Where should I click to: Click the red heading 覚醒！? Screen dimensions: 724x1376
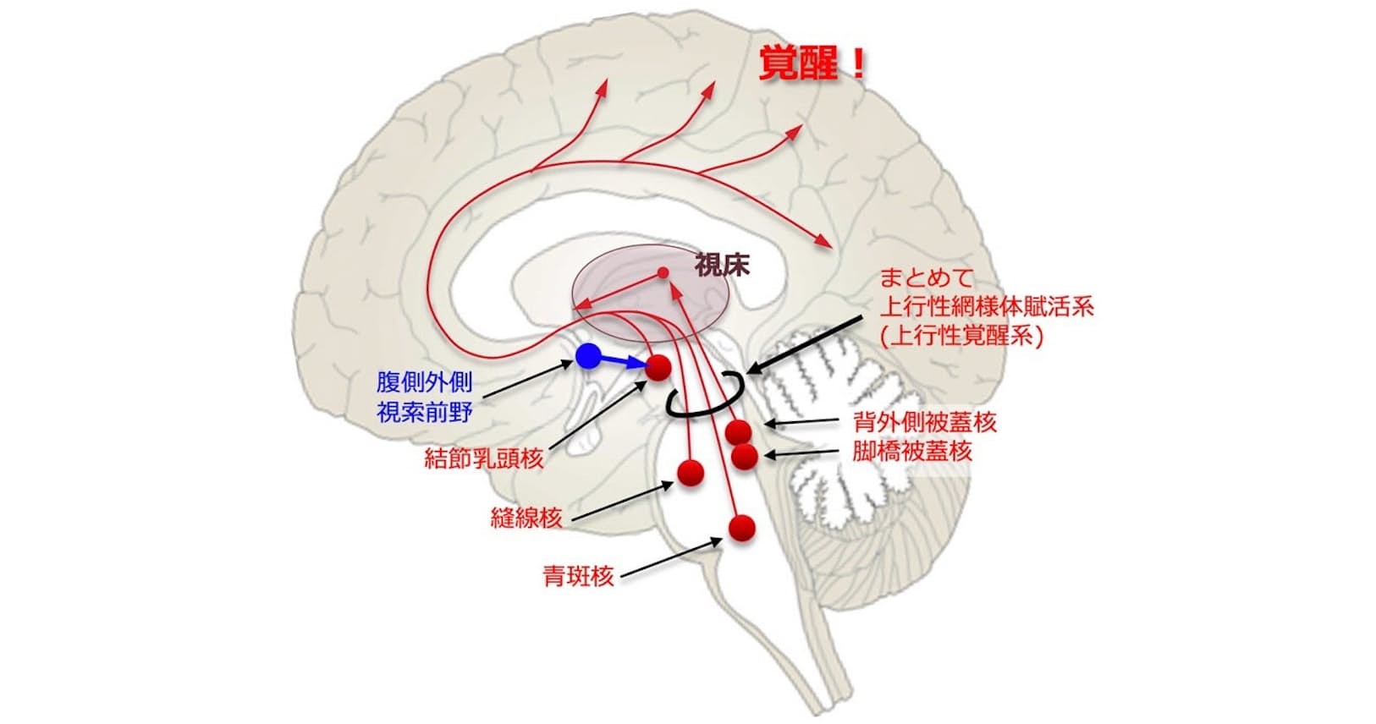coord(812,64)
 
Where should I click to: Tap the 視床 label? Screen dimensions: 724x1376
coord(722,266)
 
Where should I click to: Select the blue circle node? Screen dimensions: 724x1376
coord(588,356)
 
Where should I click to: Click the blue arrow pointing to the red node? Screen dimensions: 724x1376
coord(625,362)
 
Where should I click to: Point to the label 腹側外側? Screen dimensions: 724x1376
coord(424,382)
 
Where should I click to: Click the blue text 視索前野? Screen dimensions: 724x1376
coord(424,412)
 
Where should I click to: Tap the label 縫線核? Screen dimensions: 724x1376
coord(526,518)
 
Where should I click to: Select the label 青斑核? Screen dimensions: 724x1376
coord(578,578)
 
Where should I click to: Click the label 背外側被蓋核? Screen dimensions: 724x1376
coord(925,421)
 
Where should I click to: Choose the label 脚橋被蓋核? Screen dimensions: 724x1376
coord(912,451)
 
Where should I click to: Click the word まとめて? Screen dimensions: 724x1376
coord(927,277)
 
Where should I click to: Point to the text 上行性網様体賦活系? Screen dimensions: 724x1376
coord(987,306)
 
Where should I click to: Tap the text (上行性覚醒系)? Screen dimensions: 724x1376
coord(961,336)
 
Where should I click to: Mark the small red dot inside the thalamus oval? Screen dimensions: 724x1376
coord(663,273)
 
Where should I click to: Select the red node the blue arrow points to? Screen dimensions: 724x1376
coord(658,368)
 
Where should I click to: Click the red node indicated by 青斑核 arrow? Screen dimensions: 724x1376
coord(742,528)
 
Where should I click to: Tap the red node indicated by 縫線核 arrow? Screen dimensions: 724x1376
coord(691,473)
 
